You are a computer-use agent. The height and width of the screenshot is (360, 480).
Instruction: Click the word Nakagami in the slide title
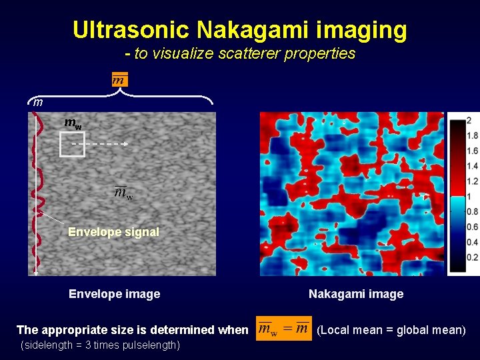click(x=259, y=29)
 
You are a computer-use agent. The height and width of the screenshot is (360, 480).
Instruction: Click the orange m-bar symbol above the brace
click(x=119, y=79)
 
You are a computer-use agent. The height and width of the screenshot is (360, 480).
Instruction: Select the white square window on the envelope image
click(x=72, y=144)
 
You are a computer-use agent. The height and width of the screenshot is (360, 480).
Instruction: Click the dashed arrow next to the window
click(x=100, y=143)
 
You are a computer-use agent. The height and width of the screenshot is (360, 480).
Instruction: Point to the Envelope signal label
click(x=113, y=232)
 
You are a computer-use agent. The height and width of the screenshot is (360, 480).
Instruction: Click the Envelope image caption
click(x=114, y=294)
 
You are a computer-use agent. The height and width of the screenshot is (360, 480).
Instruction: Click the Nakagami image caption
click(x=356, y=294)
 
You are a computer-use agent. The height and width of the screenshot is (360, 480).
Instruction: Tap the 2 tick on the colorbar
click(x=469, y=120)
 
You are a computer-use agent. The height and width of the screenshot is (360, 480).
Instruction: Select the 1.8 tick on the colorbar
click(x=472, y=135)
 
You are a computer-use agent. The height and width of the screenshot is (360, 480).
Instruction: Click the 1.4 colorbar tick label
click(x=472, y=166)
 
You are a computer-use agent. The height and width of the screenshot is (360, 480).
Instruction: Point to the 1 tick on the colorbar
click(x=469, y=197)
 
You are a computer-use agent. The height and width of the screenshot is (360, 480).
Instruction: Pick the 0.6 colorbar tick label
click(x=472, y=227)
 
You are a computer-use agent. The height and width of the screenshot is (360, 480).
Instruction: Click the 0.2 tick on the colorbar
click(x=472, y=257)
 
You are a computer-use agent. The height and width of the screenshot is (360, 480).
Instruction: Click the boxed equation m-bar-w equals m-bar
click(x=283, y=329)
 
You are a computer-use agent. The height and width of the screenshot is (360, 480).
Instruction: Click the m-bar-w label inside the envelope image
click(x=123, y=193)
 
